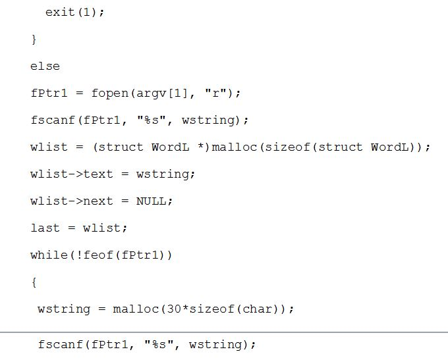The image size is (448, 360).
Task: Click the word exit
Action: tap(60, 12)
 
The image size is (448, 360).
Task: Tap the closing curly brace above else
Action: tap(34, 39)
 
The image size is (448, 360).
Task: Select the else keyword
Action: tap(45, 66)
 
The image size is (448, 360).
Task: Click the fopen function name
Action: tap(110, 93)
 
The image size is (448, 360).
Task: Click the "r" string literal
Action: tap(215, 93)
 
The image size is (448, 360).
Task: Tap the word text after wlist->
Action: tap(98, 174)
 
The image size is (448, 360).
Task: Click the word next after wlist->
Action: tap(98, 201)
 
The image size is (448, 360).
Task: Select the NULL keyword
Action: tap(151, 201)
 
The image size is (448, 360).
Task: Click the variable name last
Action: tap(45, 228)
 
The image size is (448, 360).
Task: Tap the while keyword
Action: tap(49, 255)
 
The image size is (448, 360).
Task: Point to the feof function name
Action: tap(98, 255)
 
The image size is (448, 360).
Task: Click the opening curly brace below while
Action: tap(34, 282)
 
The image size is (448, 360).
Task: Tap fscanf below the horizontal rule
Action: tap(61, 344)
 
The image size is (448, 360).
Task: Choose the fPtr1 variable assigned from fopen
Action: tap(49, 93)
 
